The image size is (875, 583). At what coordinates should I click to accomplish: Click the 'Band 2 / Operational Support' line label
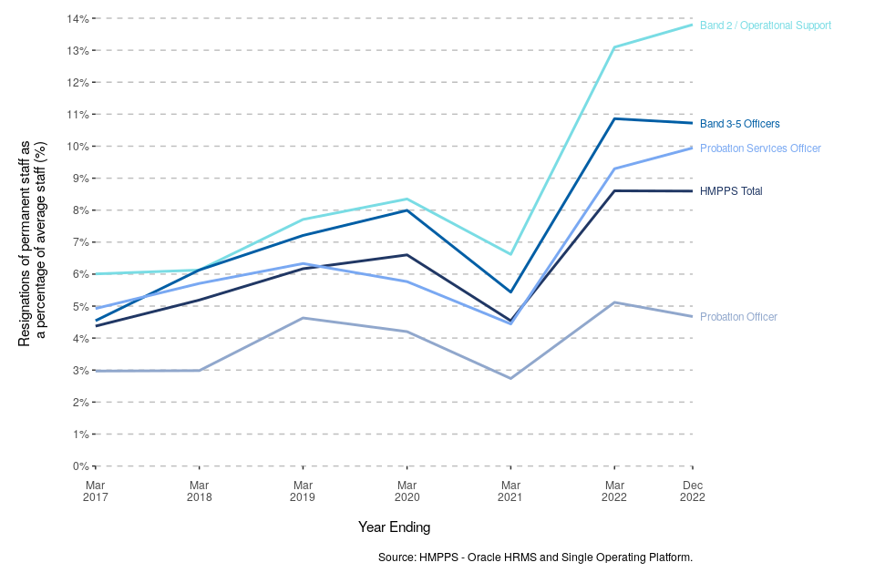point(765,26)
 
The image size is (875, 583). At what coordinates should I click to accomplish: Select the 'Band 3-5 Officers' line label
point(739,124)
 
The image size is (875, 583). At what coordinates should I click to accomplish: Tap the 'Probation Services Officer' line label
point(760,148)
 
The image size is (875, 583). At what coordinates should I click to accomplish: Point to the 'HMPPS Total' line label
point(731,191)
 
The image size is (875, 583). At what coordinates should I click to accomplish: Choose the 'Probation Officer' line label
point(738,317)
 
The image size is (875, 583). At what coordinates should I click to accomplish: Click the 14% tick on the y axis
point(77,18)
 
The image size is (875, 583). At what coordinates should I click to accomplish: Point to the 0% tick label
point(79,466)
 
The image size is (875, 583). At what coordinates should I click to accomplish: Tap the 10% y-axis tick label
point(77,147)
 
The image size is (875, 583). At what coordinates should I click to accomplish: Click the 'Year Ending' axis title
point(394,527)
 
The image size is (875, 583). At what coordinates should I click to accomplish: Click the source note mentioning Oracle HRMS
point(535,557)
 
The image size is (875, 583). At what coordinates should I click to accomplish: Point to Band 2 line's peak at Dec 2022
point(692,25)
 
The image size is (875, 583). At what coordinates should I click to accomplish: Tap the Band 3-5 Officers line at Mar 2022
point(614,118)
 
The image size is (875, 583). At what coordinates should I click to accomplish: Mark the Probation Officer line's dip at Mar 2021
point(510,378)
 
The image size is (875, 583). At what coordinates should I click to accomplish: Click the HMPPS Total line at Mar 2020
point(407,255)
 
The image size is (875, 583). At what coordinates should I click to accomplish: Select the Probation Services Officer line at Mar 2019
point(303,263)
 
